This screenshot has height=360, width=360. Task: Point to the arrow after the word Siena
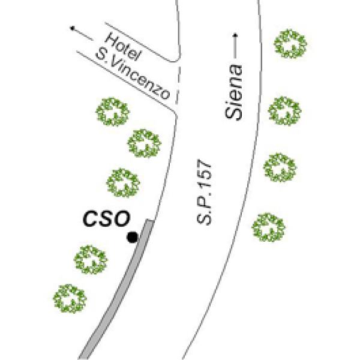coord(235,46)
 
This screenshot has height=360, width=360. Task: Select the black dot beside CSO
coord(132,238)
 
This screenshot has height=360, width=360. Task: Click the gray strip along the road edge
coord(120,288)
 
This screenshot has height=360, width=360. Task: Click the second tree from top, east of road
coord(284,112)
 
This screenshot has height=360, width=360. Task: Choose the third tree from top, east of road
coord(280,167)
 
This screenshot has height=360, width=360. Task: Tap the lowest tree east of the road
coord(268,227)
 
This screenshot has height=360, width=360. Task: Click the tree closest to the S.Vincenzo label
coord(113,112)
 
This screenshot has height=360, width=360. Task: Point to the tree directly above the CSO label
coord(124,182)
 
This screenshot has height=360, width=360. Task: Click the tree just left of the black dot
coord(90,259)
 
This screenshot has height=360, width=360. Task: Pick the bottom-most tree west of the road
coord(70,298)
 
